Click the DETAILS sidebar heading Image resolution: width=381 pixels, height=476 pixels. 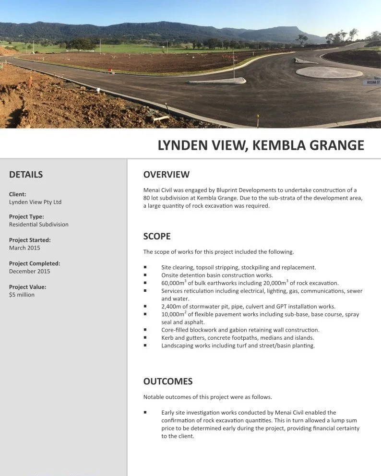(26, 175)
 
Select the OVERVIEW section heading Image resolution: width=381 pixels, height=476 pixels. (166, 174)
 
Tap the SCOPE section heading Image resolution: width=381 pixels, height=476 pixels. (157, 236)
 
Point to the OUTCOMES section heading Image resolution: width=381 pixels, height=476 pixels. (167, 381)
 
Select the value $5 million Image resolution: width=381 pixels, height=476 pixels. (22, 295)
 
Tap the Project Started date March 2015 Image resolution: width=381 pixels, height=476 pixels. (24, 248)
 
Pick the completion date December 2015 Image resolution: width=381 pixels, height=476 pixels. (29, 271)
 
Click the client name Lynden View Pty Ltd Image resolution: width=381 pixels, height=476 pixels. (35, 202)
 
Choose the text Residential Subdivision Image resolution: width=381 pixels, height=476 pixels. (38, 225)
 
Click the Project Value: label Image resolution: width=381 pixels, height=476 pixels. (27, 287)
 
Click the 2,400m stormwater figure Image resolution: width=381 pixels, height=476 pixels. (172, 306)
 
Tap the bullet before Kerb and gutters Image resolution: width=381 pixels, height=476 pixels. (145, 338)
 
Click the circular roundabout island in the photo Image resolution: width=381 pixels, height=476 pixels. (329, 72)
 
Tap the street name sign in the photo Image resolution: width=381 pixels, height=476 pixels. (373, 82)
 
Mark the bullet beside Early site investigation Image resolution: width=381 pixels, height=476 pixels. (145, 412)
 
